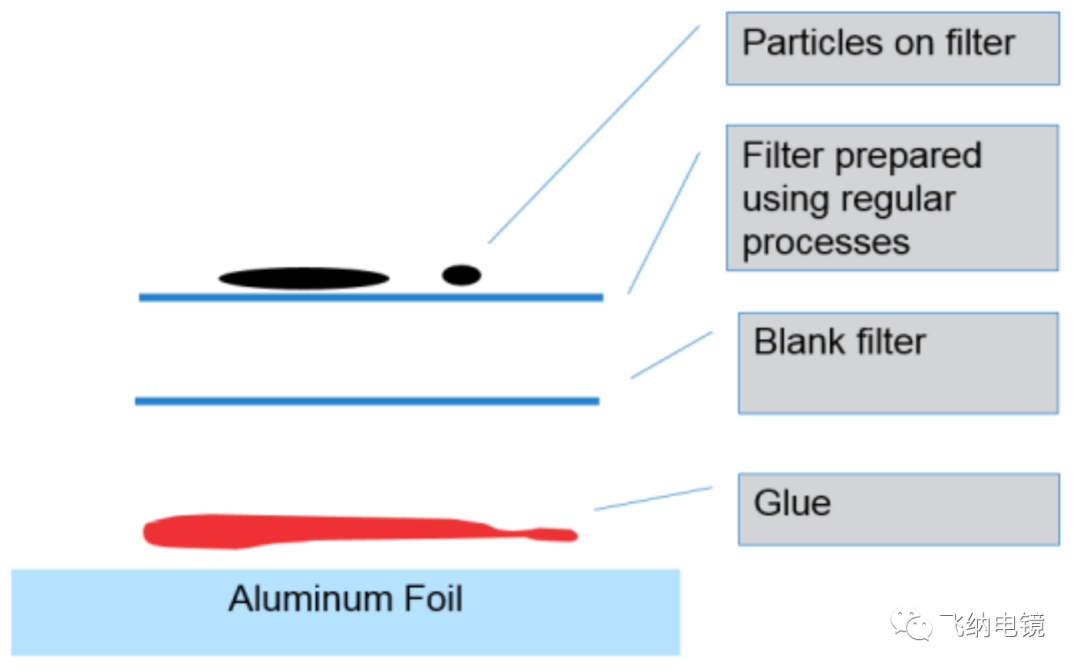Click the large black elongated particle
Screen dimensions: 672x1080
pyautogui.click(x=304, y=278)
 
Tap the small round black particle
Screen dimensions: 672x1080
pyautogui.click(x=461, y=274)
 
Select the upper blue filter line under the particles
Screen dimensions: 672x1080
pyautogui.click(x=370, y=297)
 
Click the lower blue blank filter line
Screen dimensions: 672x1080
pyautogui.click(x=367, y=401)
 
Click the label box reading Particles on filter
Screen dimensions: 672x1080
pyautogui.click(x=892, y=48)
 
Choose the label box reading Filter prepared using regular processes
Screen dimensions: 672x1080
pyautogui.click(x=892, y=197)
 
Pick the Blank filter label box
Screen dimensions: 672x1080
pyautogui.click(x=897, y=363)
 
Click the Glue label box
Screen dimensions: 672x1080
pyautogui.click(x=897, y=509)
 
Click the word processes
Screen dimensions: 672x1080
pyautogui.click(x=826, y=243)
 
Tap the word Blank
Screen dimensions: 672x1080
pyautogui.click(x=794, y=342)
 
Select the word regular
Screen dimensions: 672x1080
pyautogui.click(x=899, y=199)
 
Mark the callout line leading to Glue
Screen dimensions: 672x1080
pyautogui.click(x=653, y=498)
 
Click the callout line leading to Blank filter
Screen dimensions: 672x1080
pyautogui.click(x=671, y=355)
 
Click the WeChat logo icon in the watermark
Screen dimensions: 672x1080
pyautogui.click(x=911, y=626)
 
